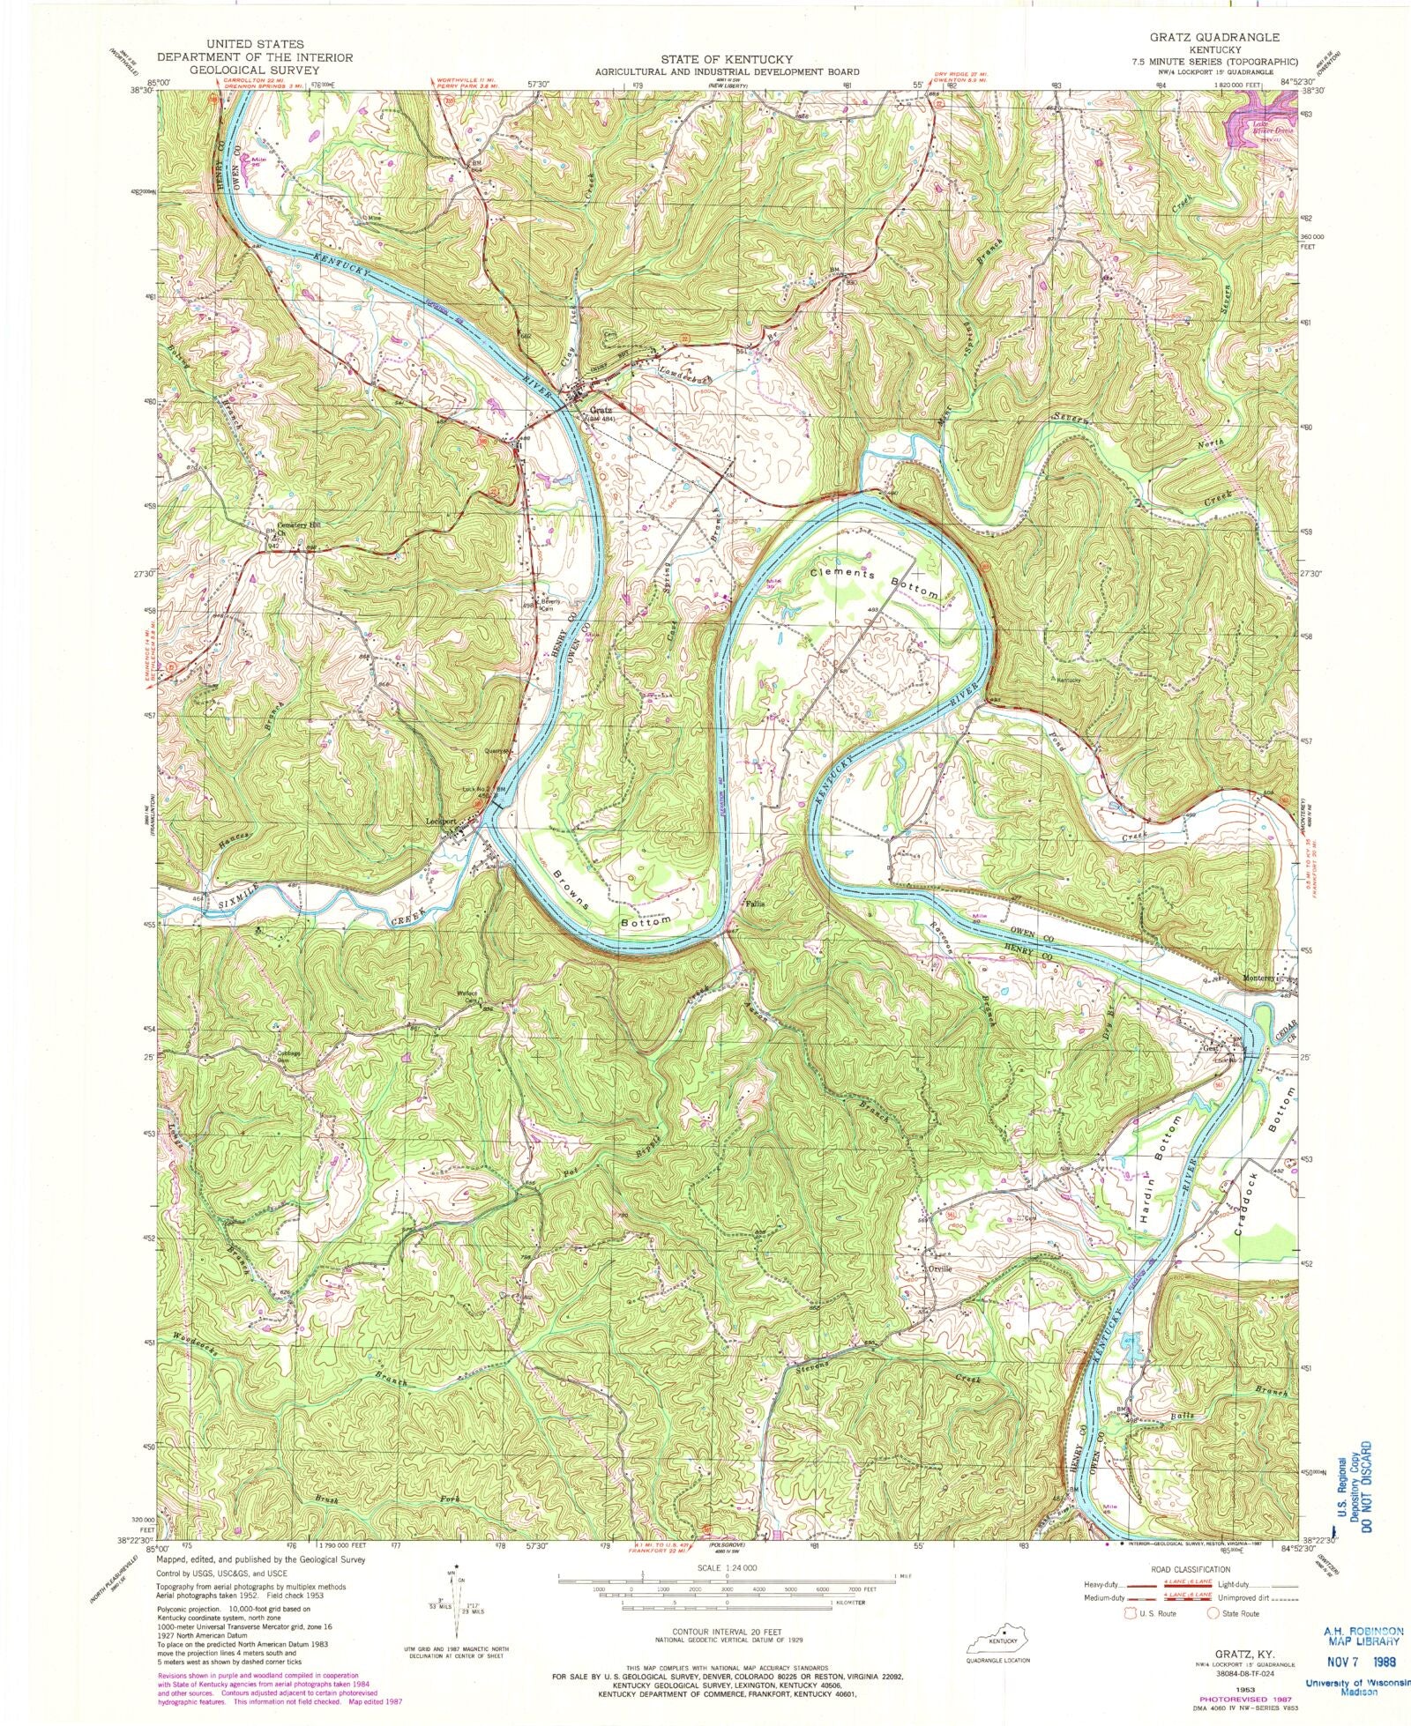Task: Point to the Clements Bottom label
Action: coord(875,584)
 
